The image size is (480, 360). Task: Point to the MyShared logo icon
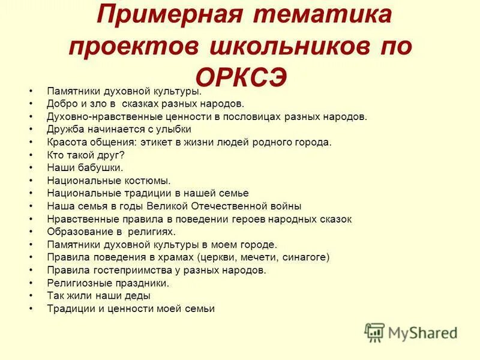pos(374,332)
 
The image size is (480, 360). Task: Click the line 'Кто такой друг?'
pos(86,154)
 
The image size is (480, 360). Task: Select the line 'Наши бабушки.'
pos(85,167)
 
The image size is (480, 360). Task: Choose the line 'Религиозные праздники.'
pos(108,283)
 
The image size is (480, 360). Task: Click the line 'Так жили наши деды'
pos(98,296)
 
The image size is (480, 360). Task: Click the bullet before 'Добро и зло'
pos(29,104)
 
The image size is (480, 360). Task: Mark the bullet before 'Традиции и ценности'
pos(29,309)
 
